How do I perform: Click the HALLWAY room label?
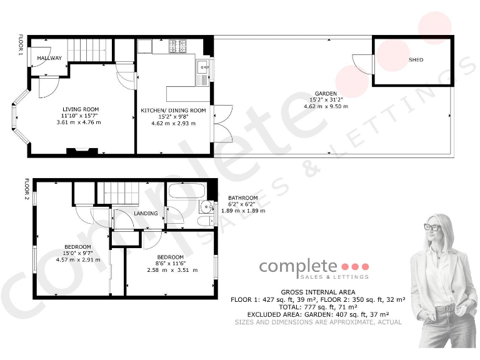[x=49, y=58]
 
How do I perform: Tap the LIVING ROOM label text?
[x=81, y=109]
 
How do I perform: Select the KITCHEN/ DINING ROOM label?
[x=173, y=111]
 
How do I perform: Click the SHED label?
[x=416, y=60]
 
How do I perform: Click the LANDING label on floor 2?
[x=146, y=214]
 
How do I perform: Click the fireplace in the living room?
[x=82, y=150]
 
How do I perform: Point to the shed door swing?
[x=362, y=63]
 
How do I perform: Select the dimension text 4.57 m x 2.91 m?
[x=78, y=260]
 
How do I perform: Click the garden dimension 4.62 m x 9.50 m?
[x=326, y=106]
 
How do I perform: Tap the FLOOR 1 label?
[x=21, y=46]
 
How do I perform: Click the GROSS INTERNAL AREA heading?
[x=318, y=292]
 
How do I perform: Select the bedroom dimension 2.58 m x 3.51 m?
[x=172, y=270]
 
